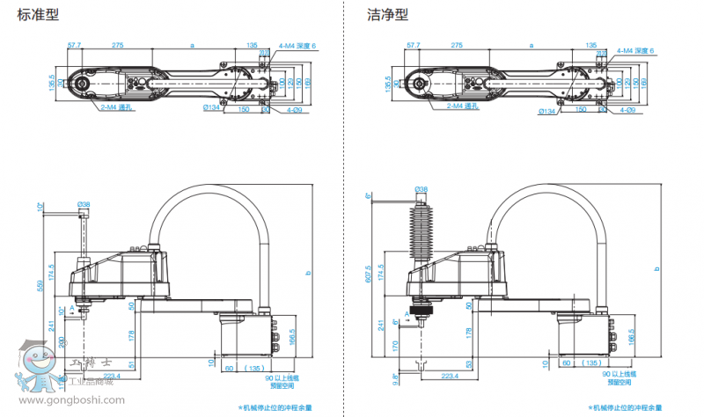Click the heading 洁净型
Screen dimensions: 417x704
coord(388,15)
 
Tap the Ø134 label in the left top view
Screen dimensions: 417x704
coord(211,110)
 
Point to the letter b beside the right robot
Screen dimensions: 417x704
coord(658,268)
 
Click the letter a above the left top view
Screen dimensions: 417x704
coord(191,43)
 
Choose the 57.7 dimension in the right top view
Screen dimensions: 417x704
coord(413,43)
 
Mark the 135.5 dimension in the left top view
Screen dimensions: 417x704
coord(53,84)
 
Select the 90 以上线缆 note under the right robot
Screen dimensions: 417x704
coord(626,373)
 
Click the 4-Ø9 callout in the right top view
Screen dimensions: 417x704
coord(627,110)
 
